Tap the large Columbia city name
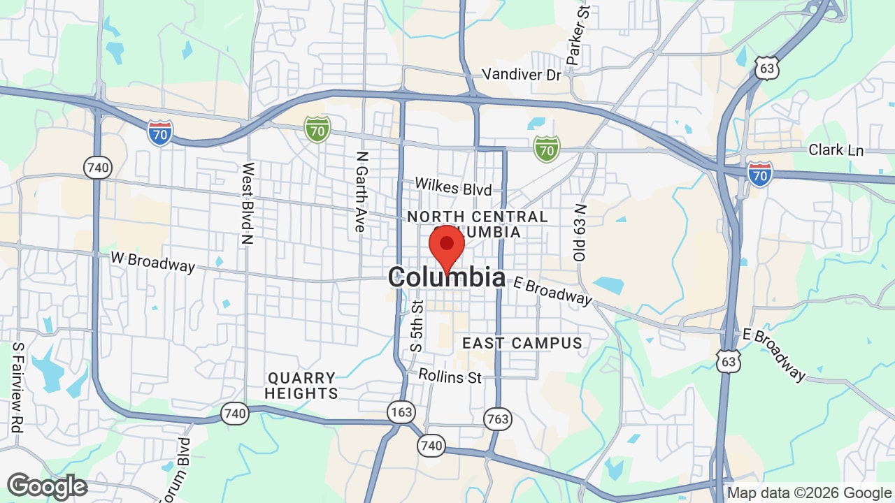tap(447, 277)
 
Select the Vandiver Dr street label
tap(522, 74)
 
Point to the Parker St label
tap(579, 36)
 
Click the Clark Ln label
tap(836, 150)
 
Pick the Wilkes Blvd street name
tap(453, 187)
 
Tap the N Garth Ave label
tap(361, 192)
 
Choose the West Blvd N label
tap(248, 203)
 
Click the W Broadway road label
tap(152, 261)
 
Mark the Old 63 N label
tap(580, 233)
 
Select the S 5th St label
tap(417, 326)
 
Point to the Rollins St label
tap(450, 377)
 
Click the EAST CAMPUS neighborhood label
tap(522, 343)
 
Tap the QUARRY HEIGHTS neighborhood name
tap(301, 386)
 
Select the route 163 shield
tap(401, 412)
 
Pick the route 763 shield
tap(497, 419)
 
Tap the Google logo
tap(47, 487)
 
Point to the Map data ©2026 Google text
tap(809, 493)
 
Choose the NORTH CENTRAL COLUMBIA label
tap(478, 224)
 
